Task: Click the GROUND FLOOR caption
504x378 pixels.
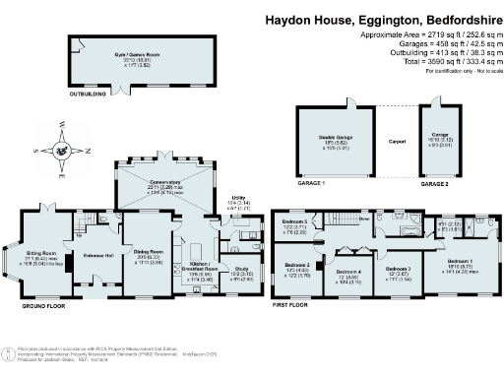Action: (x=42, y=305)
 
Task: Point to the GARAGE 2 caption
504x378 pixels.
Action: (x=436, y=182)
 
